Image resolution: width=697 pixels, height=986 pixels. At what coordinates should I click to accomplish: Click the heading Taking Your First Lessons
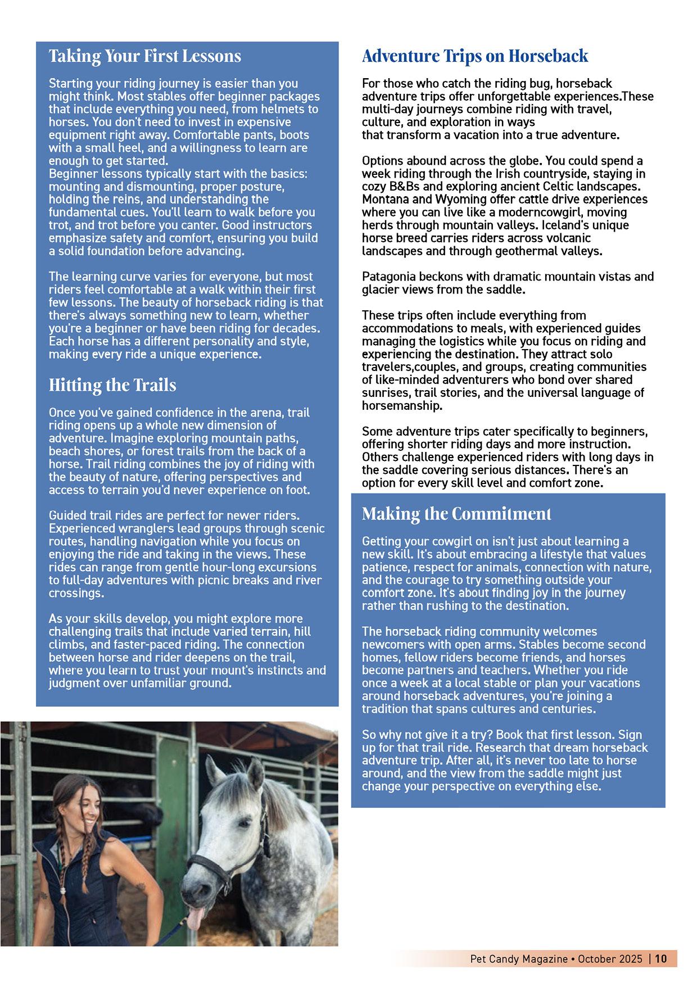[x=144, y=56]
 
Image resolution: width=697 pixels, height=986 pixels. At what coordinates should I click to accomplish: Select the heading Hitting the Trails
[x=112, y=385]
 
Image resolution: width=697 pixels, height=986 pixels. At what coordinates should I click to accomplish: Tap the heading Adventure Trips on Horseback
[x=475, y=56]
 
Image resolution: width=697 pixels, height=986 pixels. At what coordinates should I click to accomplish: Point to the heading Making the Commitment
[x=456, y=514]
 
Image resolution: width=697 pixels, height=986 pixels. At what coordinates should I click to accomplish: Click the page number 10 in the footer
[x=661, y=959]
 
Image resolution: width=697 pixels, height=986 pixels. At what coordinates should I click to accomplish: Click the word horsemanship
[x=402, y=405]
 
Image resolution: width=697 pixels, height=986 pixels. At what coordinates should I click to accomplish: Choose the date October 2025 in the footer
[x=610, y=959]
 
